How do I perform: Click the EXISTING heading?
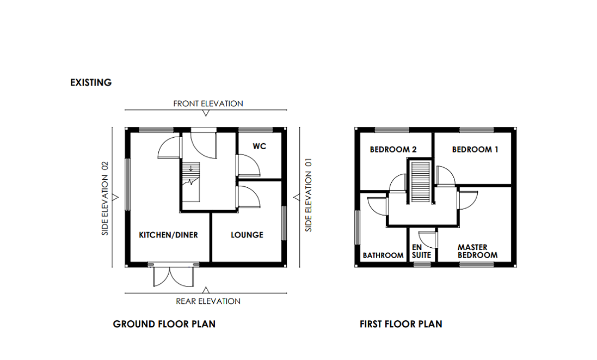[x=91, y=83]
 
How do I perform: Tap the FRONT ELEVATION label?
[x=208, y=103]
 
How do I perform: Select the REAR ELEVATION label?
[x=208, y=301]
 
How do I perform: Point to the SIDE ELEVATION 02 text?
[x=106, y=198]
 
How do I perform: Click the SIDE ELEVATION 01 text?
[x=309, y=194]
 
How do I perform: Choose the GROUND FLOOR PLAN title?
[x=164, y=324]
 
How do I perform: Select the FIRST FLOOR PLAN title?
[x=401, y=324]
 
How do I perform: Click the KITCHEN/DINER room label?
[x=168, y=235]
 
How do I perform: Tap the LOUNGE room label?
[x=247, y=235]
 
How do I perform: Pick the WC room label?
[x=259, y=147]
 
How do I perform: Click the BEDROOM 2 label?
[x=393, y=149]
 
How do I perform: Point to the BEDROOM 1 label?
[x=475, y=149]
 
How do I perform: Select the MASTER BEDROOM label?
[x=477, y=251]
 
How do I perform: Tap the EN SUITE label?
[x=421, y=251]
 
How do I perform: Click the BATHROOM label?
[x=383, y=255]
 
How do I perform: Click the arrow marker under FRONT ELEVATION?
[x=206, y=113]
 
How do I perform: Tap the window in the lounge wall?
[x=284, y=222]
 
